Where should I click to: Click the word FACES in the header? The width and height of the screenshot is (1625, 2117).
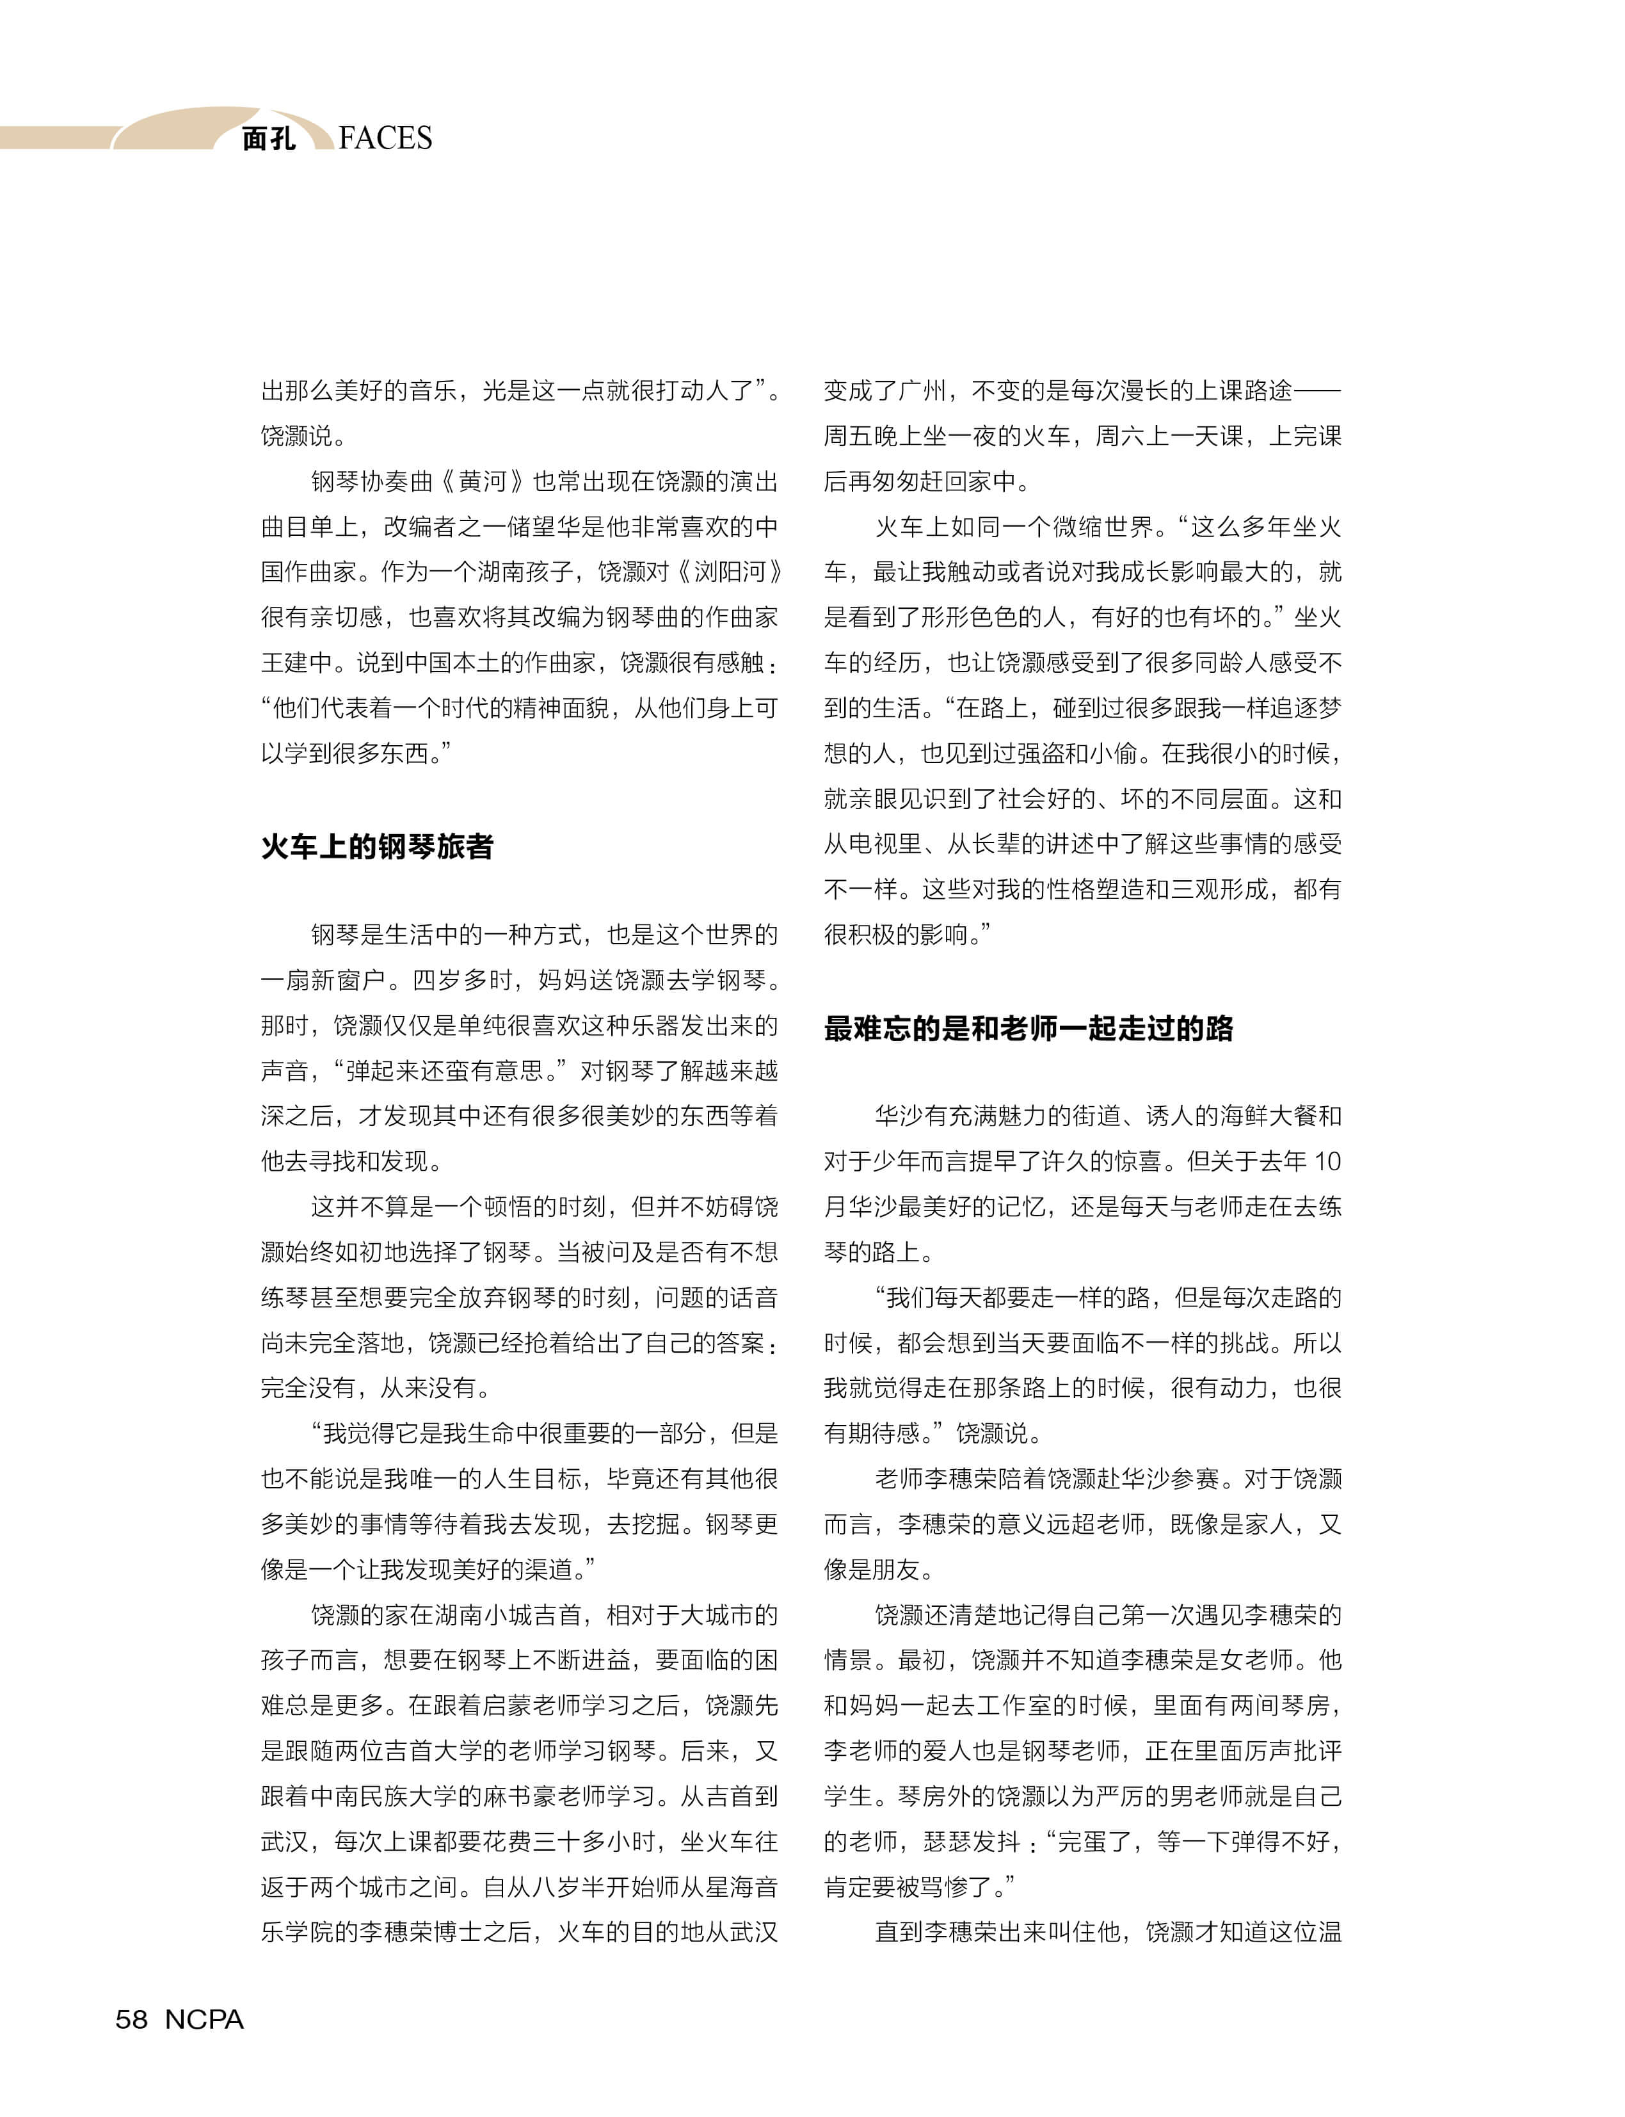[x=385, y=138]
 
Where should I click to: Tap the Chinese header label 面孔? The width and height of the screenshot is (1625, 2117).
[x=268, y=140]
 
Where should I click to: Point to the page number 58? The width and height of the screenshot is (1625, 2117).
[x=132, y=2018]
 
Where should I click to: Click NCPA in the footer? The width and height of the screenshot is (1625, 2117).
[x=204, y=2018]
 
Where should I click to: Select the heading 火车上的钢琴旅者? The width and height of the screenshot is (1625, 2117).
[x=377, y=846]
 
